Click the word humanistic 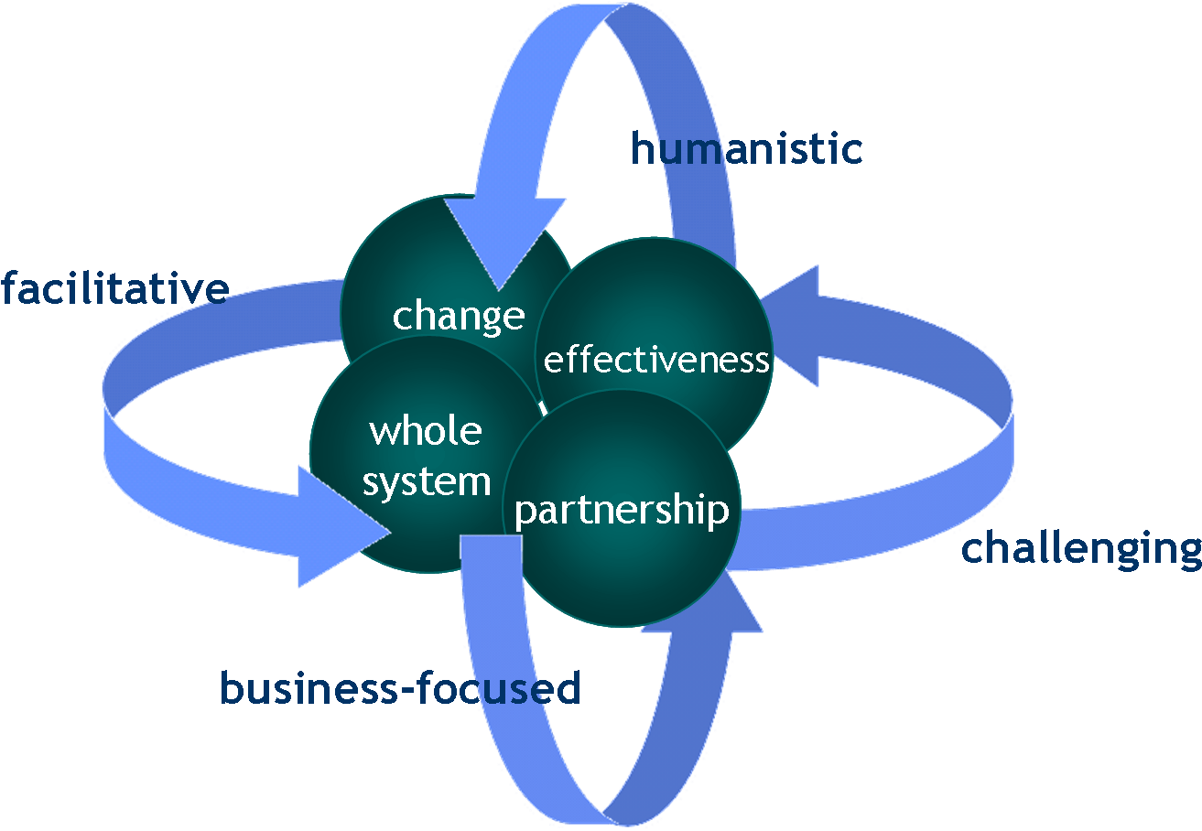coord(746,149)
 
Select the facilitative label coord(114,289)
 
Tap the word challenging coord(1081,548)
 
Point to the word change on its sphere coord(459,316)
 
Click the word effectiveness coord(655,360)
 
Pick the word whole coord(426,430)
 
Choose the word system coord(427,481)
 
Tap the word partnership coord(622,510)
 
